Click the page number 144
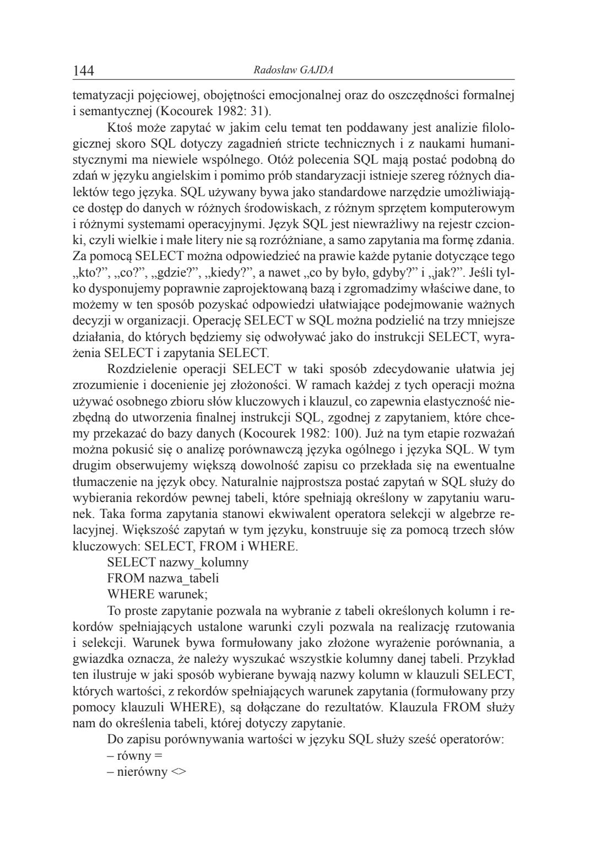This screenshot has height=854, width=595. [x=84, y=71]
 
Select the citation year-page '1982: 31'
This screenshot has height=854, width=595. [x=240, y=111]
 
